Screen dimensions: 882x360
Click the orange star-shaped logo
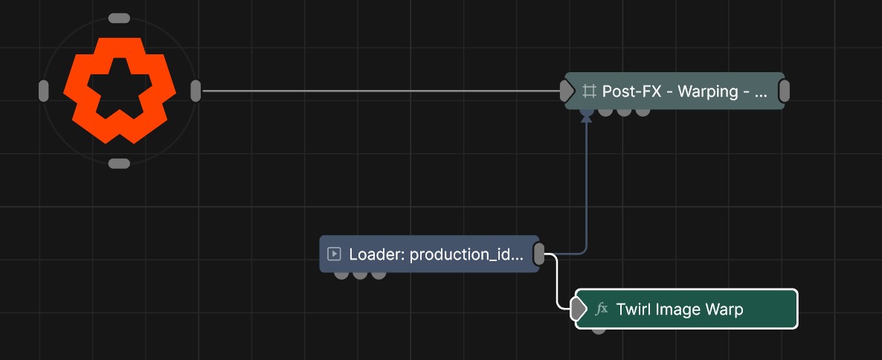coord(119,91)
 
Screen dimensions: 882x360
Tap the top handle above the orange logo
coord(119,19)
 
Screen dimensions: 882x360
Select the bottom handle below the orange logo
coord(119,164)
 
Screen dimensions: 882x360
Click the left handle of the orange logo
coord(43,91)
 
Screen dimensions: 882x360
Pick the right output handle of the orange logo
coord(195,91)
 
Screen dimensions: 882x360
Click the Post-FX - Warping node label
coord(685,91)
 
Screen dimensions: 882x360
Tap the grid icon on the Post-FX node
coord(590,91)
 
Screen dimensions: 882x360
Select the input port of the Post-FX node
coord(567,91)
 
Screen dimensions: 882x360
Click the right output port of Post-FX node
coord(784,91)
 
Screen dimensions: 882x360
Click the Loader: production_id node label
coord(436,254)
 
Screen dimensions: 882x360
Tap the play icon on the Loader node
coord(334,254)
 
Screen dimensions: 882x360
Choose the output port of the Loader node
coord(539,254)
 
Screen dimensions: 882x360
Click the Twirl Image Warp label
coord(680,309)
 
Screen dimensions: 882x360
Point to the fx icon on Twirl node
coord(602,309)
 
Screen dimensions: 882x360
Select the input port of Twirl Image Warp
coord(577,309)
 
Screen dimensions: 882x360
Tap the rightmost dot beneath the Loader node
coord(379,275)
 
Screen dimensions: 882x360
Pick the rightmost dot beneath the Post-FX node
coord(643,112)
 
